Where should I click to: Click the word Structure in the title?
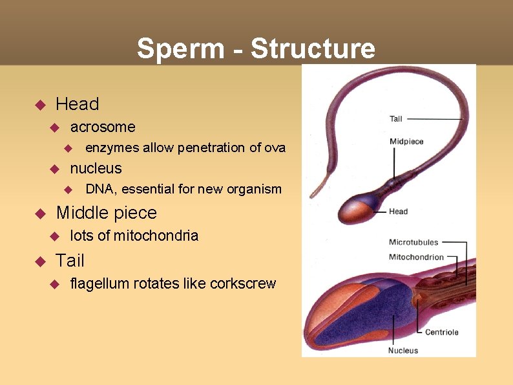click(x=313, y=49)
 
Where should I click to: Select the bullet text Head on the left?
click(x=78, y=104)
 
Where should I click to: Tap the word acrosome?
click(x=103, y=127)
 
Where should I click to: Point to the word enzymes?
click(x=112, y=148)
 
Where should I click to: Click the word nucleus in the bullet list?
click(x=96, y=168)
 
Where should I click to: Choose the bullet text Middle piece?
click(x=107, y=212)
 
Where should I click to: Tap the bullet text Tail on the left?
click(x=70, y=260)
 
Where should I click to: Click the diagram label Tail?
click(x=396, y=118)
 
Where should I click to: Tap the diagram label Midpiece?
click(x=406, y=142)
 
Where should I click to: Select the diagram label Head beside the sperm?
click(x=398, y=211)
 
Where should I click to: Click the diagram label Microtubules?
click(x=414, y=243)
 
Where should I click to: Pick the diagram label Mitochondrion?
click(x=416, y=257)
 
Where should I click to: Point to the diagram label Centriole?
click(x=442, y=332)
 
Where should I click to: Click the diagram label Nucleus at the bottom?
click(x=403, y=351)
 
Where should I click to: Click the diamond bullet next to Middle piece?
click(x=38, y=213)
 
